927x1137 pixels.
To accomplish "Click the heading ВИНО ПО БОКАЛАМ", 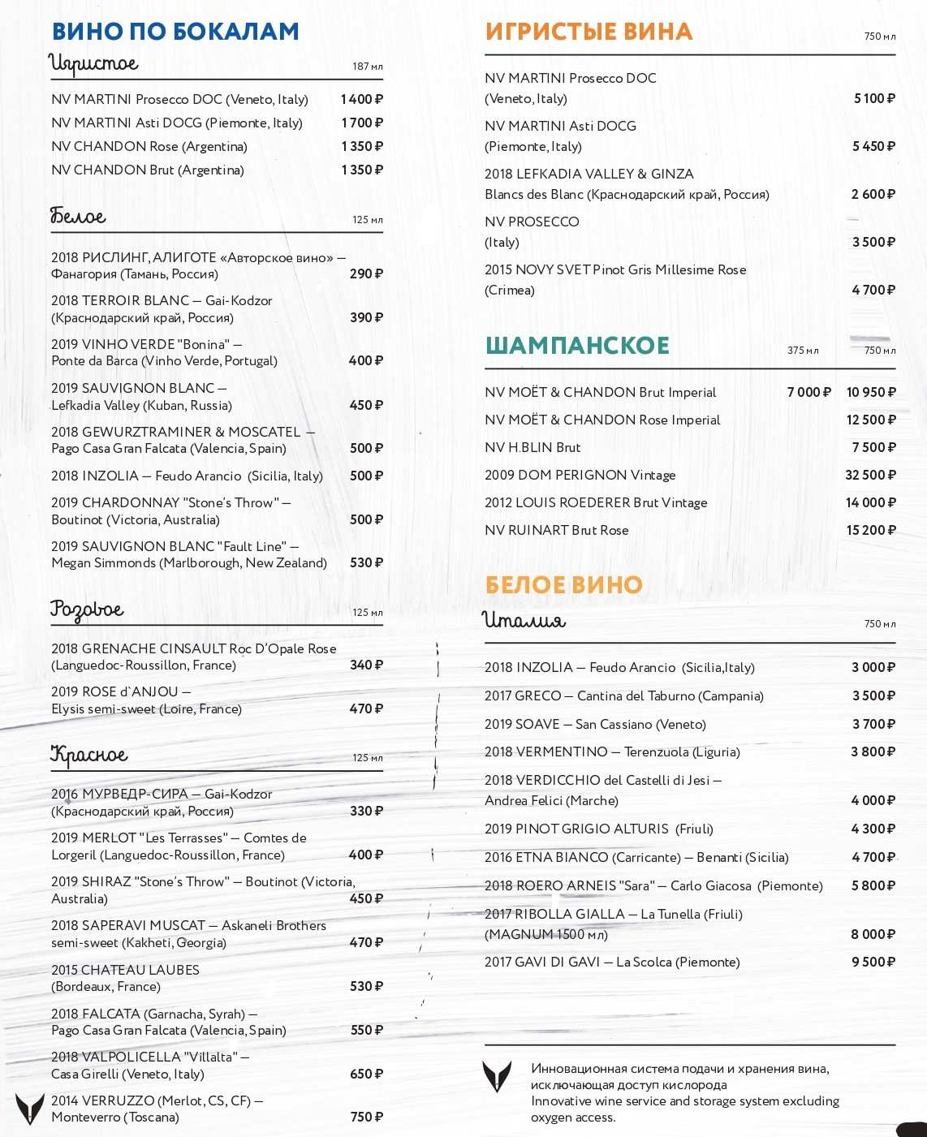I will click(x=175, y=32).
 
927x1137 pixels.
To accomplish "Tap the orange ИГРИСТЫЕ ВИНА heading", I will click(x=589, y=32).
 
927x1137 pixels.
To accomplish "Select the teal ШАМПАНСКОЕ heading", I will click(x=577, y=345).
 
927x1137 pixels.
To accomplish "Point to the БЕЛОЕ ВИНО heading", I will click(x=563, y=584).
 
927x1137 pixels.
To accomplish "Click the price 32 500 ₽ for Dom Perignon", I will click(x=870, y=475).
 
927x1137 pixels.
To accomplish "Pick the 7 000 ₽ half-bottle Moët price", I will click(x=808, y=392).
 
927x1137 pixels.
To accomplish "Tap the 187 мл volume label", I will click(x=367, y=67).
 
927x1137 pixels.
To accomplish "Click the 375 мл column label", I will click(x=803, y=351).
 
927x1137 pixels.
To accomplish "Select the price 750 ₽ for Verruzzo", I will click(x=366, y=1117).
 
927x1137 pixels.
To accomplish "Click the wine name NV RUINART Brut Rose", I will click(x=557, y=530).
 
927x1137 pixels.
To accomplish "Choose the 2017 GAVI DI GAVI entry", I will click(x=612, y=962).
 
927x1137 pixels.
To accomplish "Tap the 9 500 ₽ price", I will click(x=873, y=962).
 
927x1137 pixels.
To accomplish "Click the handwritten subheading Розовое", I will click(x=87, y=609).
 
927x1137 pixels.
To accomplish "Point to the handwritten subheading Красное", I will click(x=89, y=755).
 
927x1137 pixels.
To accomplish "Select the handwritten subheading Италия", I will click(x=524, y=621).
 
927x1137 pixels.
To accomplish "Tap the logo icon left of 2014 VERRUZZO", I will click(x=30, y=1109).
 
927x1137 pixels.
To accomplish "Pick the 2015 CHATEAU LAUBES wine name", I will click(x=125, y=970).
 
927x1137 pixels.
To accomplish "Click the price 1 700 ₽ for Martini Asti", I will click(x=362, y=123).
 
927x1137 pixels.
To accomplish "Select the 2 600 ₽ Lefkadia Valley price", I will click(x=873, y=194).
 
